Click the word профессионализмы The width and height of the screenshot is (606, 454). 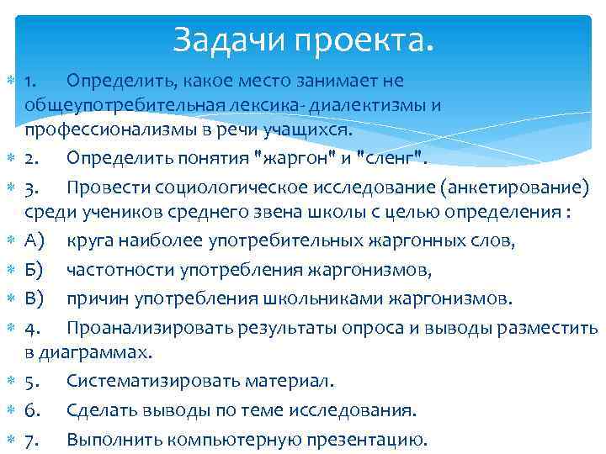coord(118,130)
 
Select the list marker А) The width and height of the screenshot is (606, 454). coord(35,241)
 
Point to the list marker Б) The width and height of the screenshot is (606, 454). coord(35,269)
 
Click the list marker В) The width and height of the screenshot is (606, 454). coord(35,298)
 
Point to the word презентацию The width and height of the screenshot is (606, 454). coord(371,439)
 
